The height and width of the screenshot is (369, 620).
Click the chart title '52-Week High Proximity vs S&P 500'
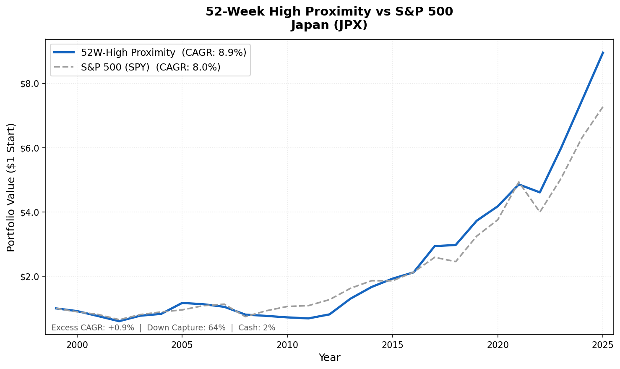tap(329, 12)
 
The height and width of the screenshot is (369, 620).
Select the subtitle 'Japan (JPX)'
tap(329, 25)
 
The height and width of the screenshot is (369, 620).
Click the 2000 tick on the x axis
tap(77, 345)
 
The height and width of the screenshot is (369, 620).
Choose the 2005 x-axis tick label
tap(182, 345)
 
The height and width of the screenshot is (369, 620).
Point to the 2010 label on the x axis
tap(287, 345)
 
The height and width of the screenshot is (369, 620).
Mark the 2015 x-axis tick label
tap(393, 345)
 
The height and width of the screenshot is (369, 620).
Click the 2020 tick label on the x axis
tap(498, 345)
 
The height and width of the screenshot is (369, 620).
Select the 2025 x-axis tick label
tap(603, 345)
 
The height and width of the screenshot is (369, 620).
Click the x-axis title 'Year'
tap(329, 358)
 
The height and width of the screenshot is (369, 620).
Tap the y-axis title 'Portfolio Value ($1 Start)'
tap(11, 187)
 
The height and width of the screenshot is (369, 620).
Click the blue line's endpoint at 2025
tap(603, 52)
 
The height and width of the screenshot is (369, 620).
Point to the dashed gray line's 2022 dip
tap(540, 212)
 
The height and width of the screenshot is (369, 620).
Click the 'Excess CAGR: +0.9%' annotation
tap(93, 328)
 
